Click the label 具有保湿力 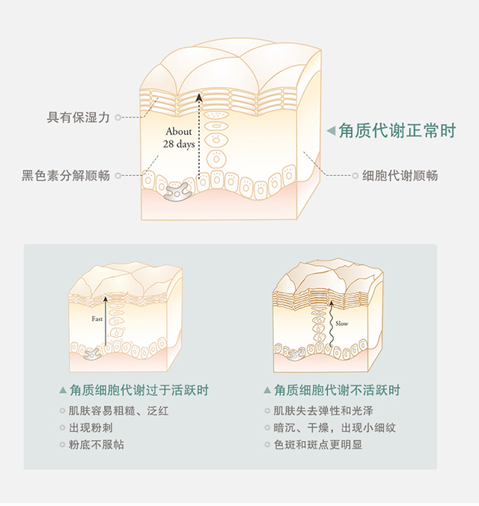(79, 118)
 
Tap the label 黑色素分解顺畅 (67, 176)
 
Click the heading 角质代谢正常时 (397, 130)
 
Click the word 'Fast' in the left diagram (97, 319)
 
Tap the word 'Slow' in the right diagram (341, 323)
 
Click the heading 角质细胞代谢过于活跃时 (138, 391)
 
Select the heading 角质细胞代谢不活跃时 (337, 391)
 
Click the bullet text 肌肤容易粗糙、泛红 (113, 411)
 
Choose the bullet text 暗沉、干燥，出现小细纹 (335, 428)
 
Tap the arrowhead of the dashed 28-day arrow (198, 97)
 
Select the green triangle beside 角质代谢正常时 (331, 131)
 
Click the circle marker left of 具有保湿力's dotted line (118, 118)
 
